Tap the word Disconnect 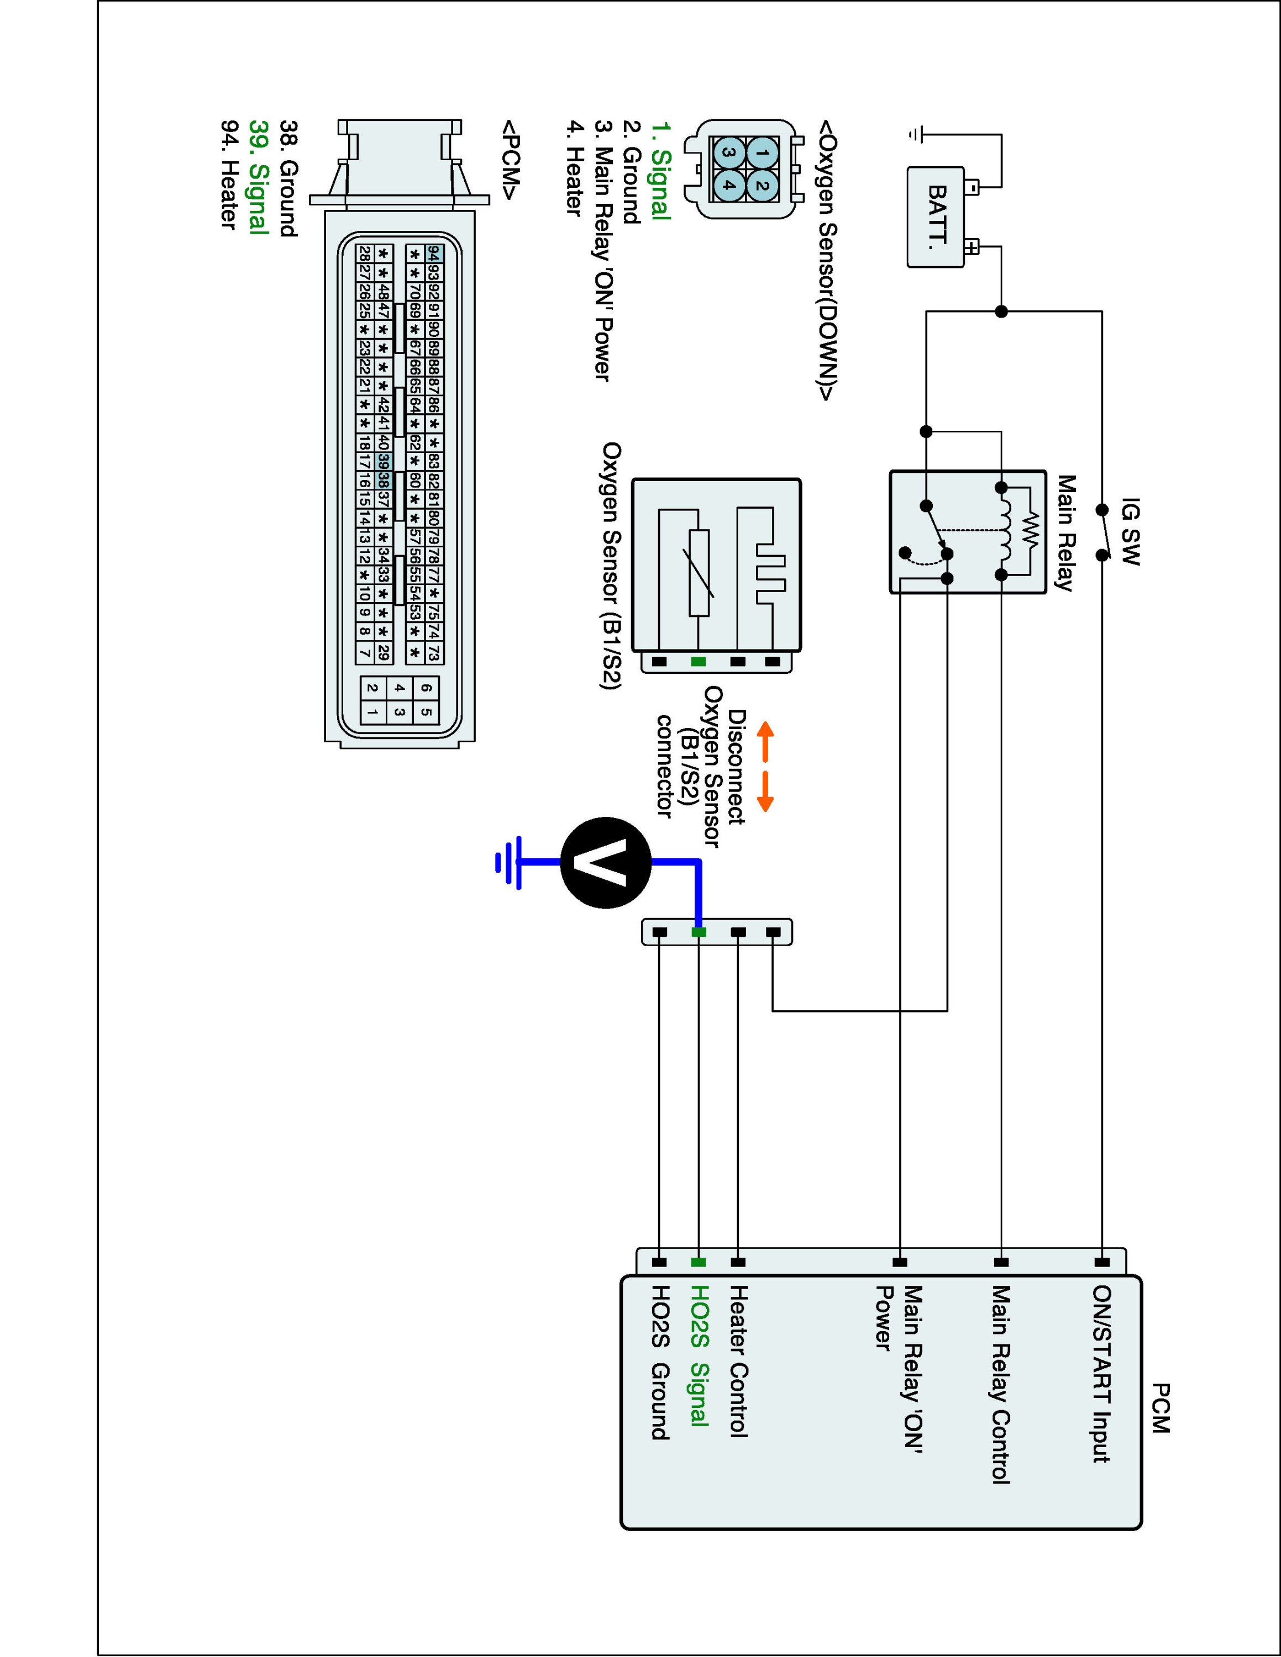pos(736,766)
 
